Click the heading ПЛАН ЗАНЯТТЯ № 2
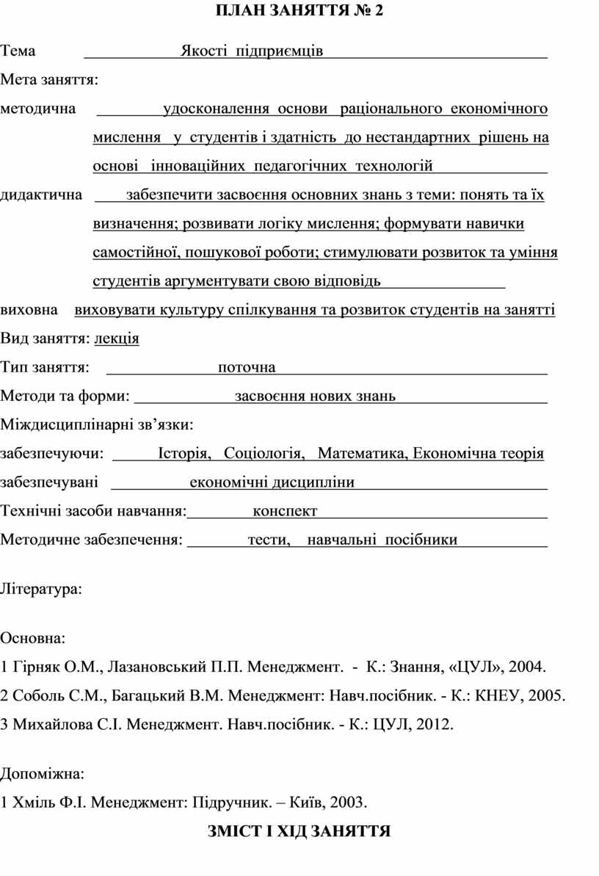(x=299, y=12)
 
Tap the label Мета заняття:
(x=51, y=80)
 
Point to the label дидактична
(x=41, y=195)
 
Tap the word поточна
(x=247, y=367)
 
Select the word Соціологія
(x=264, y=453)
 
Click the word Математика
(x=361, y=453)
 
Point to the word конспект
(x=285, y=511)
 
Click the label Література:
(x=41, y=589)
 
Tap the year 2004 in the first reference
(x=528, y=667)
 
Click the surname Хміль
(x=32, y=802)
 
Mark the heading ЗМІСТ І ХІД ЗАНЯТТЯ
(x=298, y=831)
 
